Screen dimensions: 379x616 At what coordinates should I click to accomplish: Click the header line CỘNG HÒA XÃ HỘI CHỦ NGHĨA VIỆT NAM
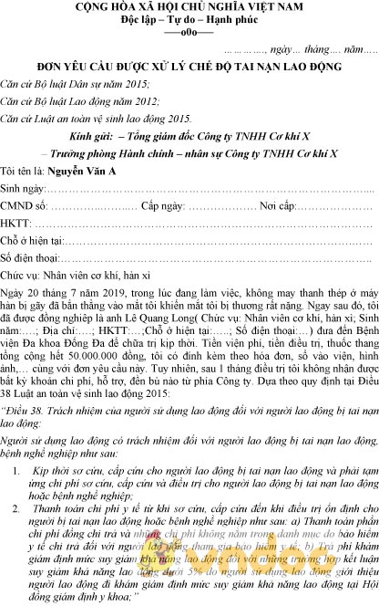[190, 7]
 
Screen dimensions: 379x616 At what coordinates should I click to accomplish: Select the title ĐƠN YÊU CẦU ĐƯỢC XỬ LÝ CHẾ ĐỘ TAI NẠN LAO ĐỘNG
[189, 68]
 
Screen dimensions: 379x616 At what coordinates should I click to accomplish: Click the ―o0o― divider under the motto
[189, 32]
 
